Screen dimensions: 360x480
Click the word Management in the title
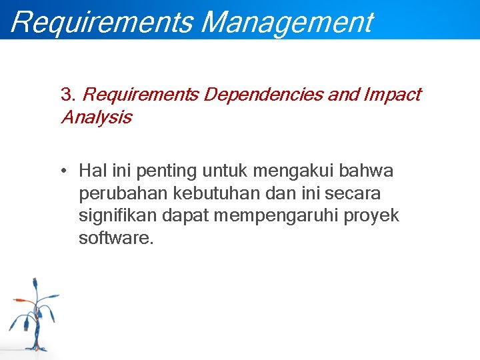coord(287,21)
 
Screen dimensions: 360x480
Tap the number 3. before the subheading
coord(68,95)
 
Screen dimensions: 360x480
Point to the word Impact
coord(392,95)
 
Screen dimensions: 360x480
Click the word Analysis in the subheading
coord(96,118)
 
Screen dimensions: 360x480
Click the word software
coord(115,239)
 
